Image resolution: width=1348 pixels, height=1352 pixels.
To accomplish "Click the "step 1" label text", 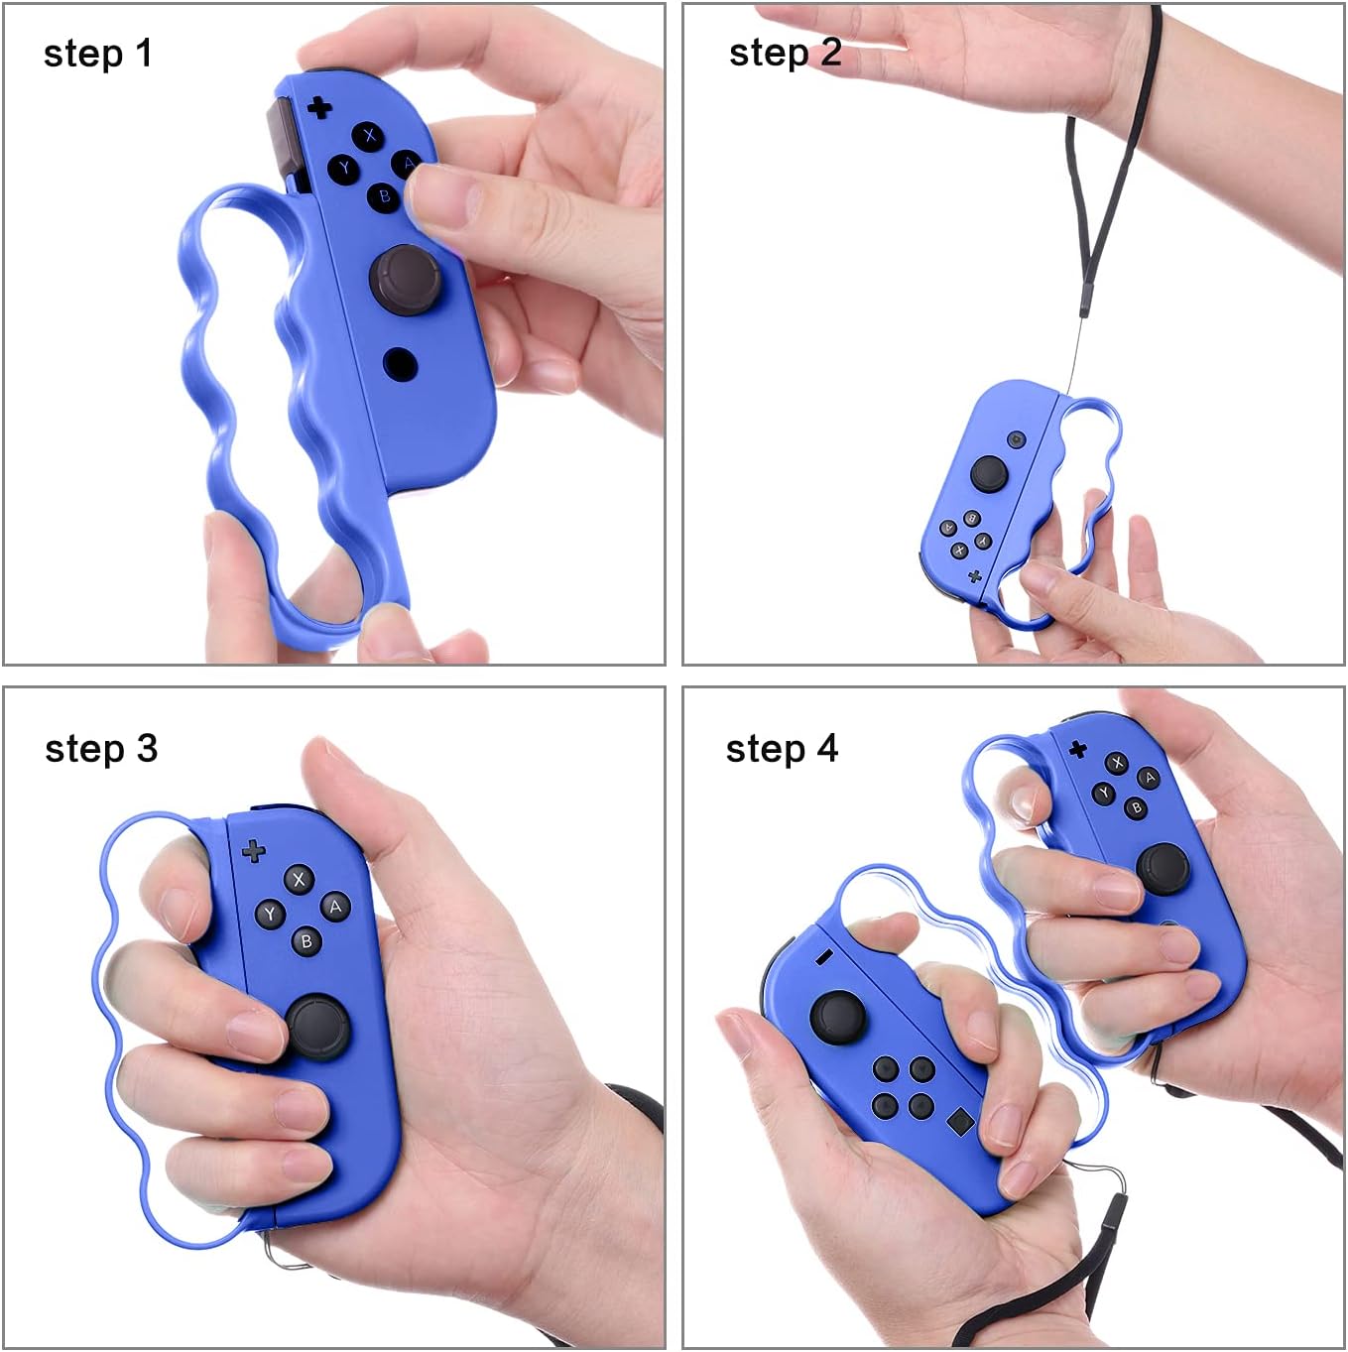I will tap(98, 54).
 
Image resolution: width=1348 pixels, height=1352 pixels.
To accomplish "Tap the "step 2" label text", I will tap(785, 53).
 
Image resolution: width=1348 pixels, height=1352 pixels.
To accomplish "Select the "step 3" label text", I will tap(101, 748).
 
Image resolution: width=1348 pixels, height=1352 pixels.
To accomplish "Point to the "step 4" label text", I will tap(782, 748).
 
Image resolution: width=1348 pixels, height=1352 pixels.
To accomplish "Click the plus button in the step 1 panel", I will tap(319, 106).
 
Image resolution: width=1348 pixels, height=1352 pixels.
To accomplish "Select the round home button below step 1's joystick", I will tap(400, 363).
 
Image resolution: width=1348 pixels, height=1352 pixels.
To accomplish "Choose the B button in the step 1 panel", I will tap(385, 195).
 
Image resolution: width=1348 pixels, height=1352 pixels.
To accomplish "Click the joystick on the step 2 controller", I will tap(989, 473).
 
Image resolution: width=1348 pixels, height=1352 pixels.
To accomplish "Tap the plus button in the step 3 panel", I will tap(254, 850).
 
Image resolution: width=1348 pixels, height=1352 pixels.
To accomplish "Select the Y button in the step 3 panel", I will tap(270, 915).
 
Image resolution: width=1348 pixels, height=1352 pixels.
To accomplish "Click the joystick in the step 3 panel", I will tap(319, 1026).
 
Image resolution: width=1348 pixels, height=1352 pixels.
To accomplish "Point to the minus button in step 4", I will tap(822, 957).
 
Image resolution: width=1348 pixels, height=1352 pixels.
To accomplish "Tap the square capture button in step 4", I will tap(960, 1122).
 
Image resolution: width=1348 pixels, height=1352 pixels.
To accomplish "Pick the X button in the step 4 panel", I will tap(1118, 762).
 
